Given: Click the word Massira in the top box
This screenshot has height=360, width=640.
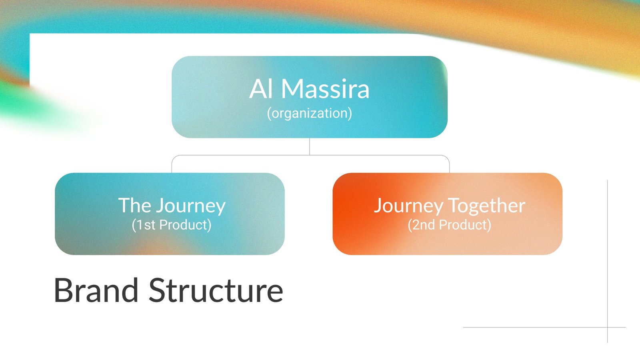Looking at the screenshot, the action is click(326, 89).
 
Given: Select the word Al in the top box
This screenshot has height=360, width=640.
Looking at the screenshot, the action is click(260, 89).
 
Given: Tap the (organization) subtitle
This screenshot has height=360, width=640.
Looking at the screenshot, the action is click(310, 114).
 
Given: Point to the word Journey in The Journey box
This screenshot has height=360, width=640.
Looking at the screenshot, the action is click(191, 206).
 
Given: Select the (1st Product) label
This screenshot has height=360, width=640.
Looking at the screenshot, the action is click(172, 225).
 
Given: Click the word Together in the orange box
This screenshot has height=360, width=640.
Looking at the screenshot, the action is click(486, 206).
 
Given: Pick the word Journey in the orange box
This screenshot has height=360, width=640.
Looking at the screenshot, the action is click(408, 206).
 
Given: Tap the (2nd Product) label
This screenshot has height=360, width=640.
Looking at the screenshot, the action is click(450, 225).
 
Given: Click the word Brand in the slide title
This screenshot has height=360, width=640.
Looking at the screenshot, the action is click(96, 290).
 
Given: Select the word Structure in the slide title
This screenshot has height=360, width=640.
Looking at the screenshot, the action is click(216, 290).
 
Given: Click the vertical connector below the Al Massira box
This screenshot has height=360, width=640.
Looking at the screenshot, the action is click(310, 146).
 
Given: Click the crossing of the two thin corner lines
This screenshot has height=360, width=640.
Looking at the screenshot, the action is click(608, 327).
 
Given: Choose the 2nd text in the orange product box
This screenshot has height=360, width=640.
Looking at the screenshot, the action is click(424, 225).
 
